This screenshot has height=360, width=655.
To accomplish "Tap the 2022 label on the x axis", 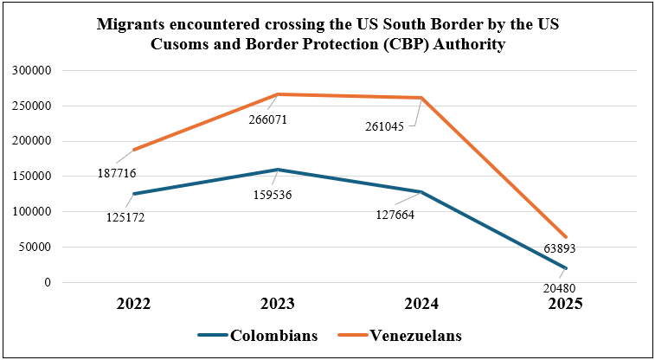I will (x=134, y=305).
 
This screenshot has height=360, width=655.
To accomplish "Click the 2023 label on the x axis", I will (x=278, y=305).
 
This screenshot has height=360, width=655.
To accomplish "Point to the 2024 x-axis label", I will (x=421, y=305).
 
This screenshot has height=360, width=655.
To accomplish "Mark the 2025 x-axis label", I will (x=565, y=305).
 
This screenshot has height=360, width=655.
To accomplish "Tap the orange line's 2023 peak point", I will (x=278, y=93).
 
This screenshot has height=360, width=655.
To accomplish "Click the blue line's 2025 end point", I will (x=565, y=267).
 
